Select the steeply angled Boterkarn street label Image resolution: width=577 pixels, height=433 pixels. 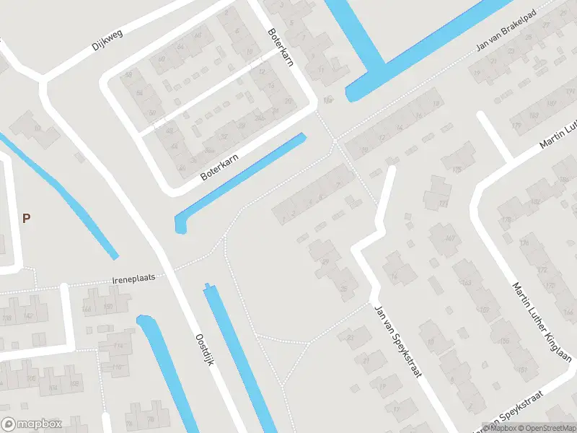click(281, 48)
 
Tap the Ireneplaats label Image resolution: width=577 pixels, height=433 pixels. click(133, 277)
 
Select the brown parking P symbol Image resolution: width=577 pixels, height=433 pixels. click(27, 218)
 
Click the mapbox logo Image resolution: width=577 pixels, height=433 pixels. click(32, 424)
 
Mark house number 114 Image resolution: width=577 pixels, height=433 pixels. click(117, 346)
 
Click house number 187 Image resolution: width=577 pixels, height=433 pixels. click(534, 115)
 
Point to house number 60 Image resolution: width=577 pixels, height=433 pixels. click(161, 59)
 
